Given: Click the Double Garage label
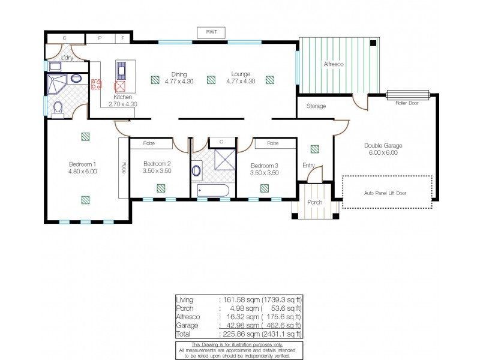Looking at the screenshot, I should (382, 145).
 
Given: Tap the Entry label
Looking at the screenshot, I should (310, 165).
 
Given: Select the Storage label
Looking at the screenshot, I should (316, 106).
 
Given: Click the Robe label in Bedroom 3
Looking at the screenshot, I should (273, 143).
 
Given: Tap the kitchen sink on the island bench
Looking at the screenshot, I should (122, 71).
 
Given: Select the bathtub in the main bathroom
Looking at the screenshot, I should (213, 191).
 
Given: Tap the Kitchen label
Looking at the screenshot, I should (124, 97).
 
